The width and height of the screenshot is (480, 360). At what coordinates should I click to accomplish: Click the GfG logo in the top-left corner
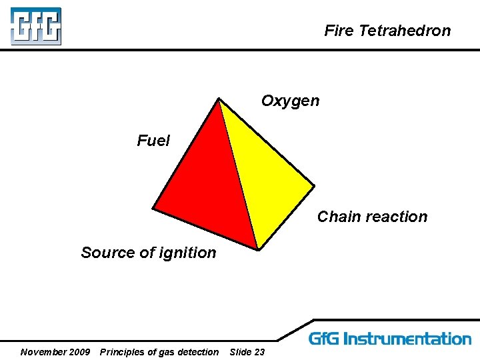point(36,26)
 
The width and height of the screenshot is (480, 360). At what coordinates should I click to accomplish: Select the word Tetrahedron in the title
point(405,31)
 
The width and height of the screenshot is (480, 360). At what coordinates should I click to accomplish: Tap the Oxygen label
point(290,101)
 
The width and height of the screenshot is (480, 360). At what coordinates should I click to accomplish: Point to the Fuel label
point(153,141)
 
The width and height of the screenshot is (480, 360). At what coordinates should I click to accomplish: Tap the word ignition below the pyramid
point(189,253)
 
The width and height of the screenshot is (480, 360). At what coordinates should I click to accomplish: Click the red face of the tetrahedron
point(207,187)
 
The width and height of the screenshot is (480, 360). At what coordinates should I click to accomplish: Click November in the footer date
point(44,352)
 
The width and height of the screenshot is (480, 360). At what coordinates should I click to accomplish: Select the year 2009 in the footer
point(79,352)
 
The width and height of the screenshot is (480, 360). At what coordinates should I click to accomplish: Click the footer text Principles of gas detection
point(159,352)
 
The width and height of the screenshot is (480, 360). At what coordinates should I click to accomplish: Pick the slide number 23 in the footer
point(259,352)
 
